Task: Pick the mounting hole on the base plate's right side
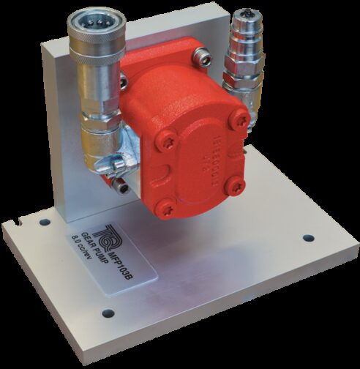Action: pyautogui.click(x=307, y=238)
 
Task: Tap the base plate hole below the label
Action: pyautogui.click(x=108, y=313)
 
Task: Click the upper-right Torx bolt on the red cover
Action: pyautogui.click(x=238, y=122)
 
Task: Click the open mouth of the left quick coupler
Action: pyautogui.click(x=94, y=20)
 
